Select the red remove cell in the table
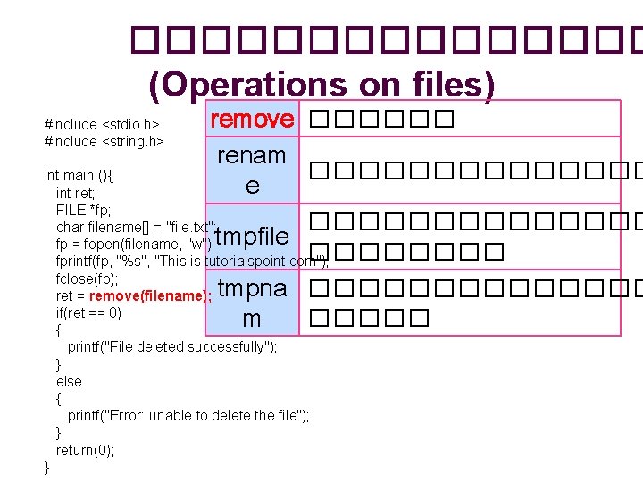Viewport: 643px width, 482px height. pyautogui.click(x=252, y=119)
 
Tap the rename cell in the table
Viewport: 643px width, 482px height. pyautogui.click(x=252, y=170)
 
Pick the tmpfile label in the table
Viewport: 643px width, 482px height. pyautogui.click(x=252, y=237)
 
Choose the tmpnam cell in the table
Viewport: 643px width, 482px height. pyautogui.click(x=252, y=303)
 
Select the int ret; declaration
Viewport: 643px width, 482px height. pyautogui.click(x=76, y=193)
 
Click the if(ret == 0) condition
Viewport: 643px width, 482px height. pyautogui.click(x=88, y=312)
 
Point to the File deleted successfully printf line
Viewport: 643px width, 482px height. pyautogui.click(x=172, y=347)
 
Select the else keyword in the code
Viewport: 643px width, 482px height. pyautogui.click(x=69, y=381)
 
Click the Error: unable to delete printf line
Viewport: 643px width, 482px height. pyautogui.click(x=188, y=416)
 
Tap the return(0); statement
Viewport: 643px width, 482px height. pyautogui.click(x=85, y=450)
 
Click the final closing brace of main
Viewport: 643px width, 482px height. pyautogui.click(x=47, y=467)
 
